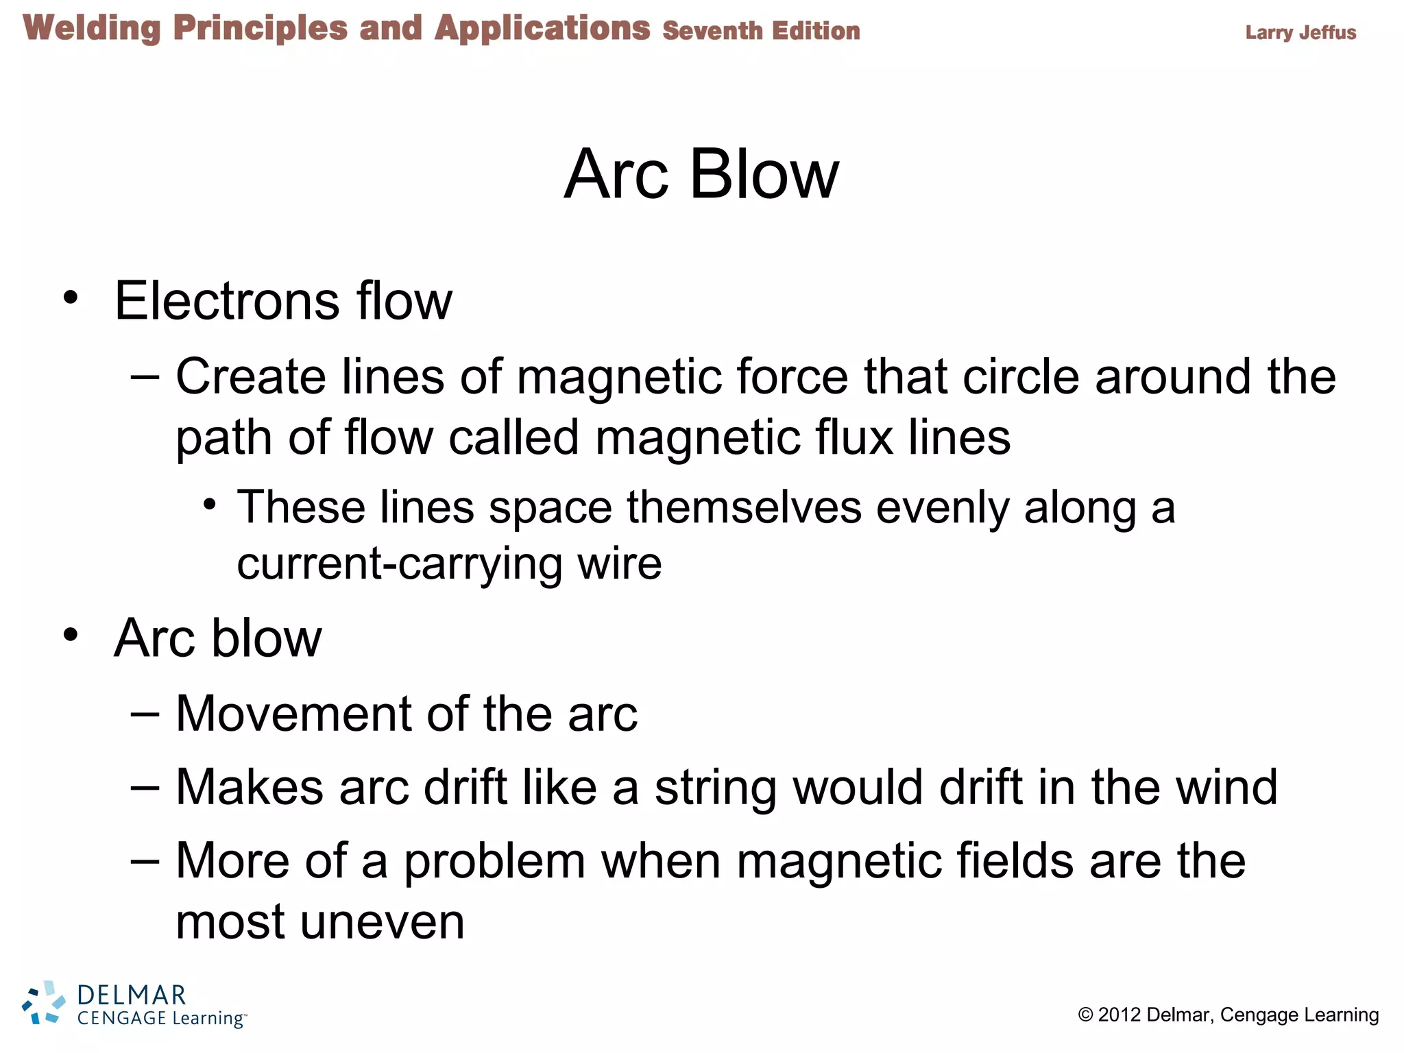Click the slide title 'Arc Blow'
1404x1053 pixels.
coord(701,175)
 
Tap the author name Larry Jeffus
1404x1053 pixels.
coord(1300,32)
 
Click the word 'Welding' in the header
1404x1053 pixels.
coord(92,29)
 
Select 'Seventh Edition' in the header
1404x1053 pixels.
coord(761,32)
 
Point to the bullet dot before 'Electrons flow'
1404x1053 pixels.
coord(71,298)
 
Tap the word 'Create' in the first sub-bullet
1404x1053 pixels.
coord(250,376)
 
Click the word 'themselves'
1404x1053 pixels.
coord(744,507)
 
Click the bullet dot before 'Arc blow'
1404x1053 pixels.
coord(71,635)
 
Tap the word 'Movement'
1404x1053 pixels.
coord(293,714)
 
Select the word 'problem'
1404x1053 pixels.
coord(494,861)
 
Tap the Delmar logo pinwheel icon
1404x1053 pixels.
coord(43,1003)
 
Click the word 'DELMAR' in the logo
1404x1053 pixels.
coord(132,995)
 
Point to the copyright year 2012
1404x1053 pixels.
coord(1119,1015)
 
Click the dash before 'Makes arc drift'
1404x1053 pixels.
coord(145,788)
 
